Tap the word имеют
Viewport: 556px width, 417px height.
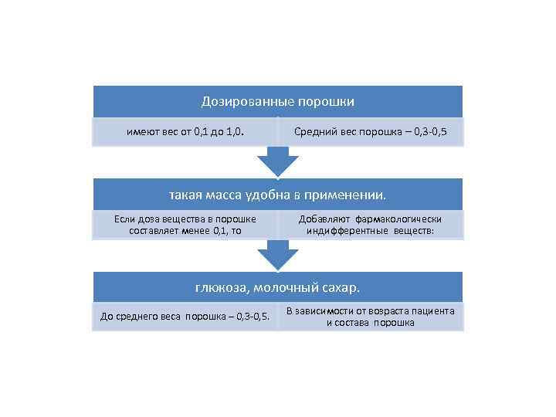[x=141, y=131]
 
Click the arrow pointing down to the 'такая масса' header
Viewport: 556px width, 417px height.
[x=278, y=161]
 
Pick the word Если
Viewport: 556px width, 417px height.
[x=124, y=219]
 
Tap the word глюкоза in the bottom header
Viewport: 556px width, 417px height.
[x=220, y=288]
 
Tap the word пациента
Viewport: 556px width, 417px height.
[x=431, y=311]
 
